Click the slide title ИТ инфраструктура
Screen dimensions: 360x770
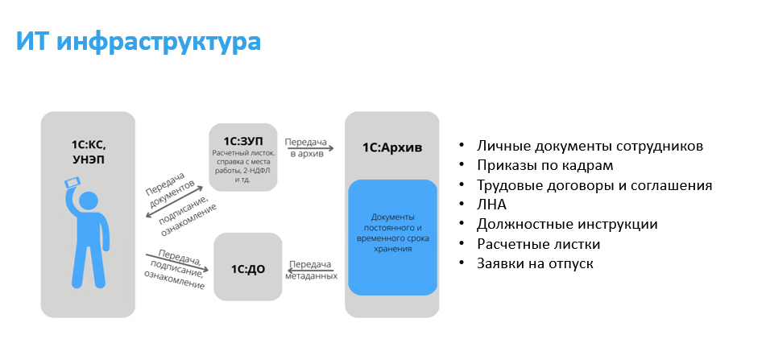(139, 42)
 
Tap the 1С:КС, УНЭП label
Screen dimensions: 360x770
(88, 152)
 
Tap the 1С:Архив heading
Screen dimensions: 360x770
(391, 147)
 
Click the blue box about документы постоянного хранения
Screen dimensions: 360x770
(392, 234)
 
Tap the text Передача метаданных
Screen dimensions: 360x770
(311, 270)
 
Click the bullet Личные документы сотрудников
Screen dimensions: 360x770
(590, 147)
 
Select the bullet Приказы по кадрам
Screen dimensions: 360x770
(544, 166)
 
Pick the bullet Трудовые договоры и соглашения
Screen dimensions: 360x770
(594, 185)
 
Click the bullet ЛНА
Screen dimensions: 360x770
(491, 205)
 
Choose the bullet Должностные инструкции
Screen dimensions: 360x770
(567, 224)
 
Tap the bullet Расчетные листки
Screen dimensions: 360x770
(538, 243)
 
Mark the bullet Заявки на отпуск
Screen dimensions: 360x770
(535, 263)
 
